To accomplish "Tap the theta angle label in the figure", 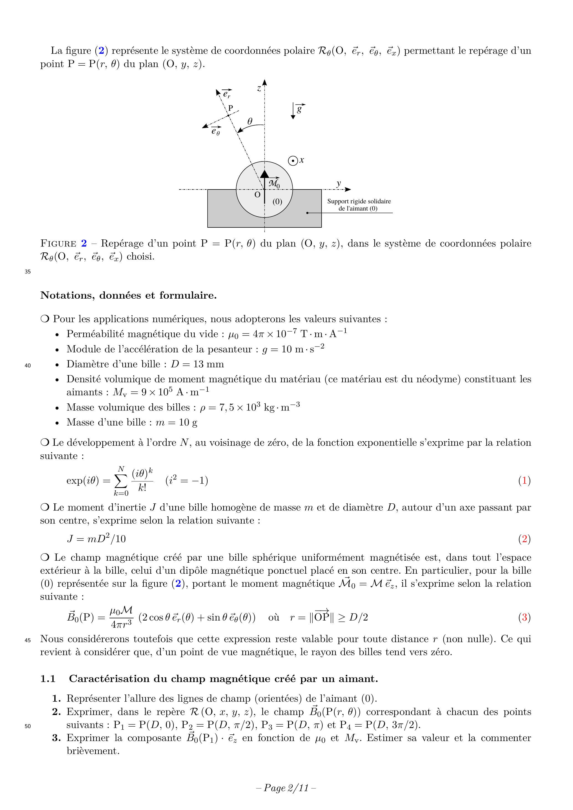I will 250,121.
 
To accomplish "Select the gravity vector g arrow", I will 293,111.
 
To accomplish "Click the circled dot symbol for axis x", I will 293,161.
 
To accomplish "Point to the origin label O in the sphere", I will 257,195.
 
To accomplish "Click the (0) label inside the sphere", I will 277,201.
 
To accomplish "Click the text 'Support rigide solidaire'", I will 359,201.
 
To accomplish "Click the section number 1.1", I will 48,679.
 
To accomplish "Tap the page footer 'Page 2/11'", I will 286,788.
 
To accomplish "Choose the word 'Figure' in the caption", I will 58,243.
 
